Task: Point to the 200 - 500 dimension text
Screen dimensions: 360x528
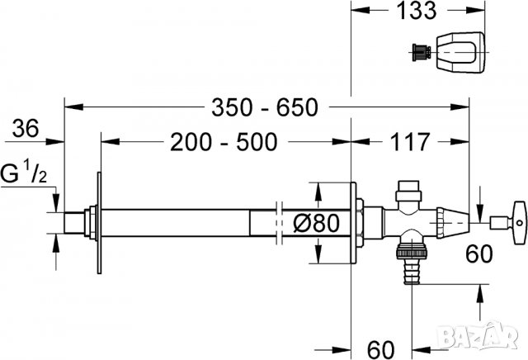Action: (223, 143)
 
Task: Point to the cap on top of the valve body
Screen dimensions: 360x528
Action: (406, 197)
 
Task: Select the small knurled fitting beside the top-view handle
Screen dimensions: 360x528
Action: (422, 52)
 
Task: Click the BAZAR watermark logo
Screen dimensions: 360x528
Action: (492, 338)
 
